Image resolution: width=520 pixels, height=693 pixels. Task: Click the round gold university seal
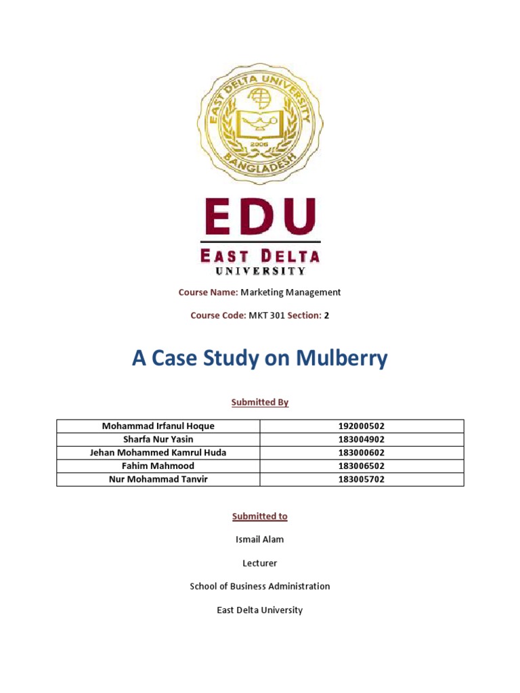pyautogui.click(x=260, y=123)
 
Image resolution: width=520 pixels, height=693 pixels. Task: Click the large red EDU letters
pyautogui.click(x=260, y=218)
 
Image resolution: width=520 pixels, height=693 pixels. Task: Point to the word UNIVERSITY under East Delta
pyautogui.click(x=260, y=271)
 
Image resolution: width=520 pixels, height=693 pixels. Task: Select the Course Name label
pyautogui.click(x=208, y=292)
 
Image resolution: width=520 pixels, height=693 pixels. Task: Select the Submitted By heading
pyautogui.click(x=260, y=402)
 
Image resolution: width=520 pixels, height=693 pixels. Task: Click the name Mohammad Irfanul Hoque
pyautogui.click(x=158, y=426)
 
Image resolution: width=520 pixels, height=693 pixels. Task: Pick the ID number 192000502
pyautogui.click(x=362, y=426)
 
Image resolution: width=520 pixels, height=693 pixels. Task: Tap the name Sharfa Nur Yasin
pyautogui.click(x=158, y=439)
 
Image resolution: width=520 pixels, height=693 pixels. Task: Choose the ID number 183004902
pyautogui.click(x=362, y=439)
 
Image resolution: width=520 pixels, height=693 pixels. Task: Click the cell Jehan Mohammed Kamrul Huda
pyautogui.click(x=158, y=453)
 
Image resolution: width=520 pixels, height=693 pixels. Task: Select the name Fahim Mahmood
pyautogui.click(x=158, y=466)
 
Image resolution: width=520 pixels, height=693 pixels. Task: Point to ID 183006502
pyautogui.click(x=362, y=466)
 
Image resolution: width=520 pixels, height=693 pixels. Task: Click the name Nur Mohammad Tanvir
pyautogui.click(x=158, y=479)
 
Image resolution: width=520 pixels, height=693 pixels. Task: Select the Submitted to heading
pyautogui.click(x=260, y=516)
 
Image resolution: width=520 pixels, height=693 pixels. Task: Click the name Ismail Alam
pyautogui.click(x=260, y=539)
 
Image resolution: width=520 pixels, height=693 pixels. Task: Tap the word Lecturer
pyautogui.click(x=260, y=563)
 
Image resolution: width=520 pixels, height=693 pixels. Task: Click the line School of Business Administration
pyautogui.click(x=260, y=586)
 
